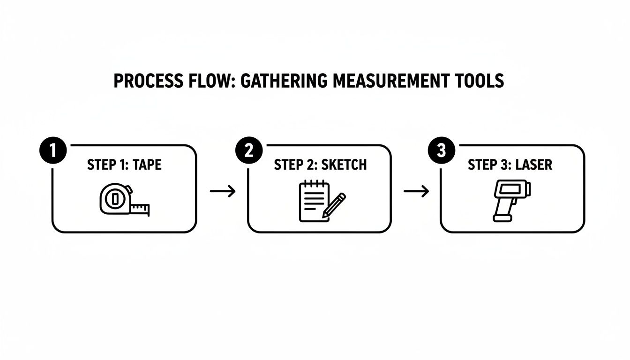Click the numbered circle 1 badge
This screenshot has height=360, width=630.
pyautogui.click(x=52, y=151)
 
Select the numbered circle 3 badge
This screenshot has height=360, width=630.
pyautogui.click(x=441, y=151)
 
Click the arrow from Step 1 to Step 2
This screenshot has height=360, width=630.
pyautogui.click(x=222, y=191)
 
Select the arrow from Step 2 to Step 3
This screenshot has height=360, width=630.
pyautogui.click(x=416, y=191)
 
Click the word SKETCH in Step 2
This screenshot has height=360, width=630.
pyautogui.click(x=344, y=165)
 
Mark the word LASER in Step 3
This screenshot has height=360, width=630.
pyautogui.click(x=533, y=165)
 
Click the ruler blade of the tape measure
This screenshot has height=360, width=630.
pyautogui.click(x=140, y=209)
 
